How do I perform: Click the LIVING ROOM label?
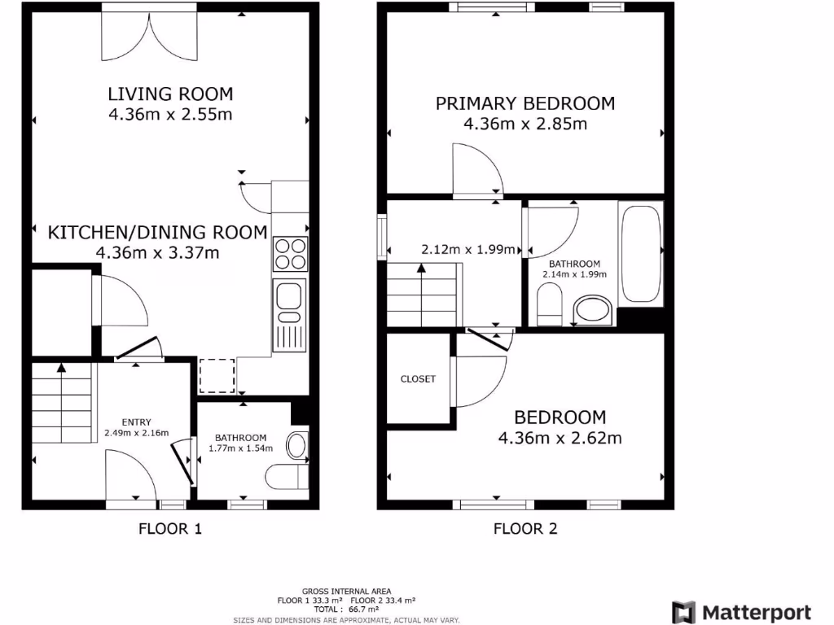tap(170, 94)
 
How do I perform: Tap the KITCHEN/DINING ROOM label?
tap(157, 232)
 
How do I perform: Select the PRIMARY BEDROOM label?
tap(525, 103)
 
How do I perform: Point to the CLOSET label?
tap(418, 378)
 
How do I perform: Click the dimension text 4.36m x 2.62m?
tap(560, 439)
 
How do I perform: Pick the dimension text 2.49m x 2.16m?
tap(136, 433)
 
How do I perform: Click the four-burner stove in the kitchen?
tap(291, 253)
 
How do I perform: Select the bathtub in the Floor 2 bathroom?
tap(641, 254)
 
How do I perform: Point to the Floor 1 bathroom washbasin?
tap(297, 445)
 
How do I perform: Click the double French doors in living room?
tap(149, 37)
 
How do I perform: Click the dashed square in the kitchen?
tap(217, 375)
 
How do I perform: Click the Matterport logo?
tap(740, 612)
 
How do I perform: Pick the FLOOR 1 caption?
tap(169, 529)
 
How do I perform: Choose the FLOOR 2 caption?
tap(525, 529)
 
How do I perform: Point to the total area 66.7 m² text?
tap(346, 609)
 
